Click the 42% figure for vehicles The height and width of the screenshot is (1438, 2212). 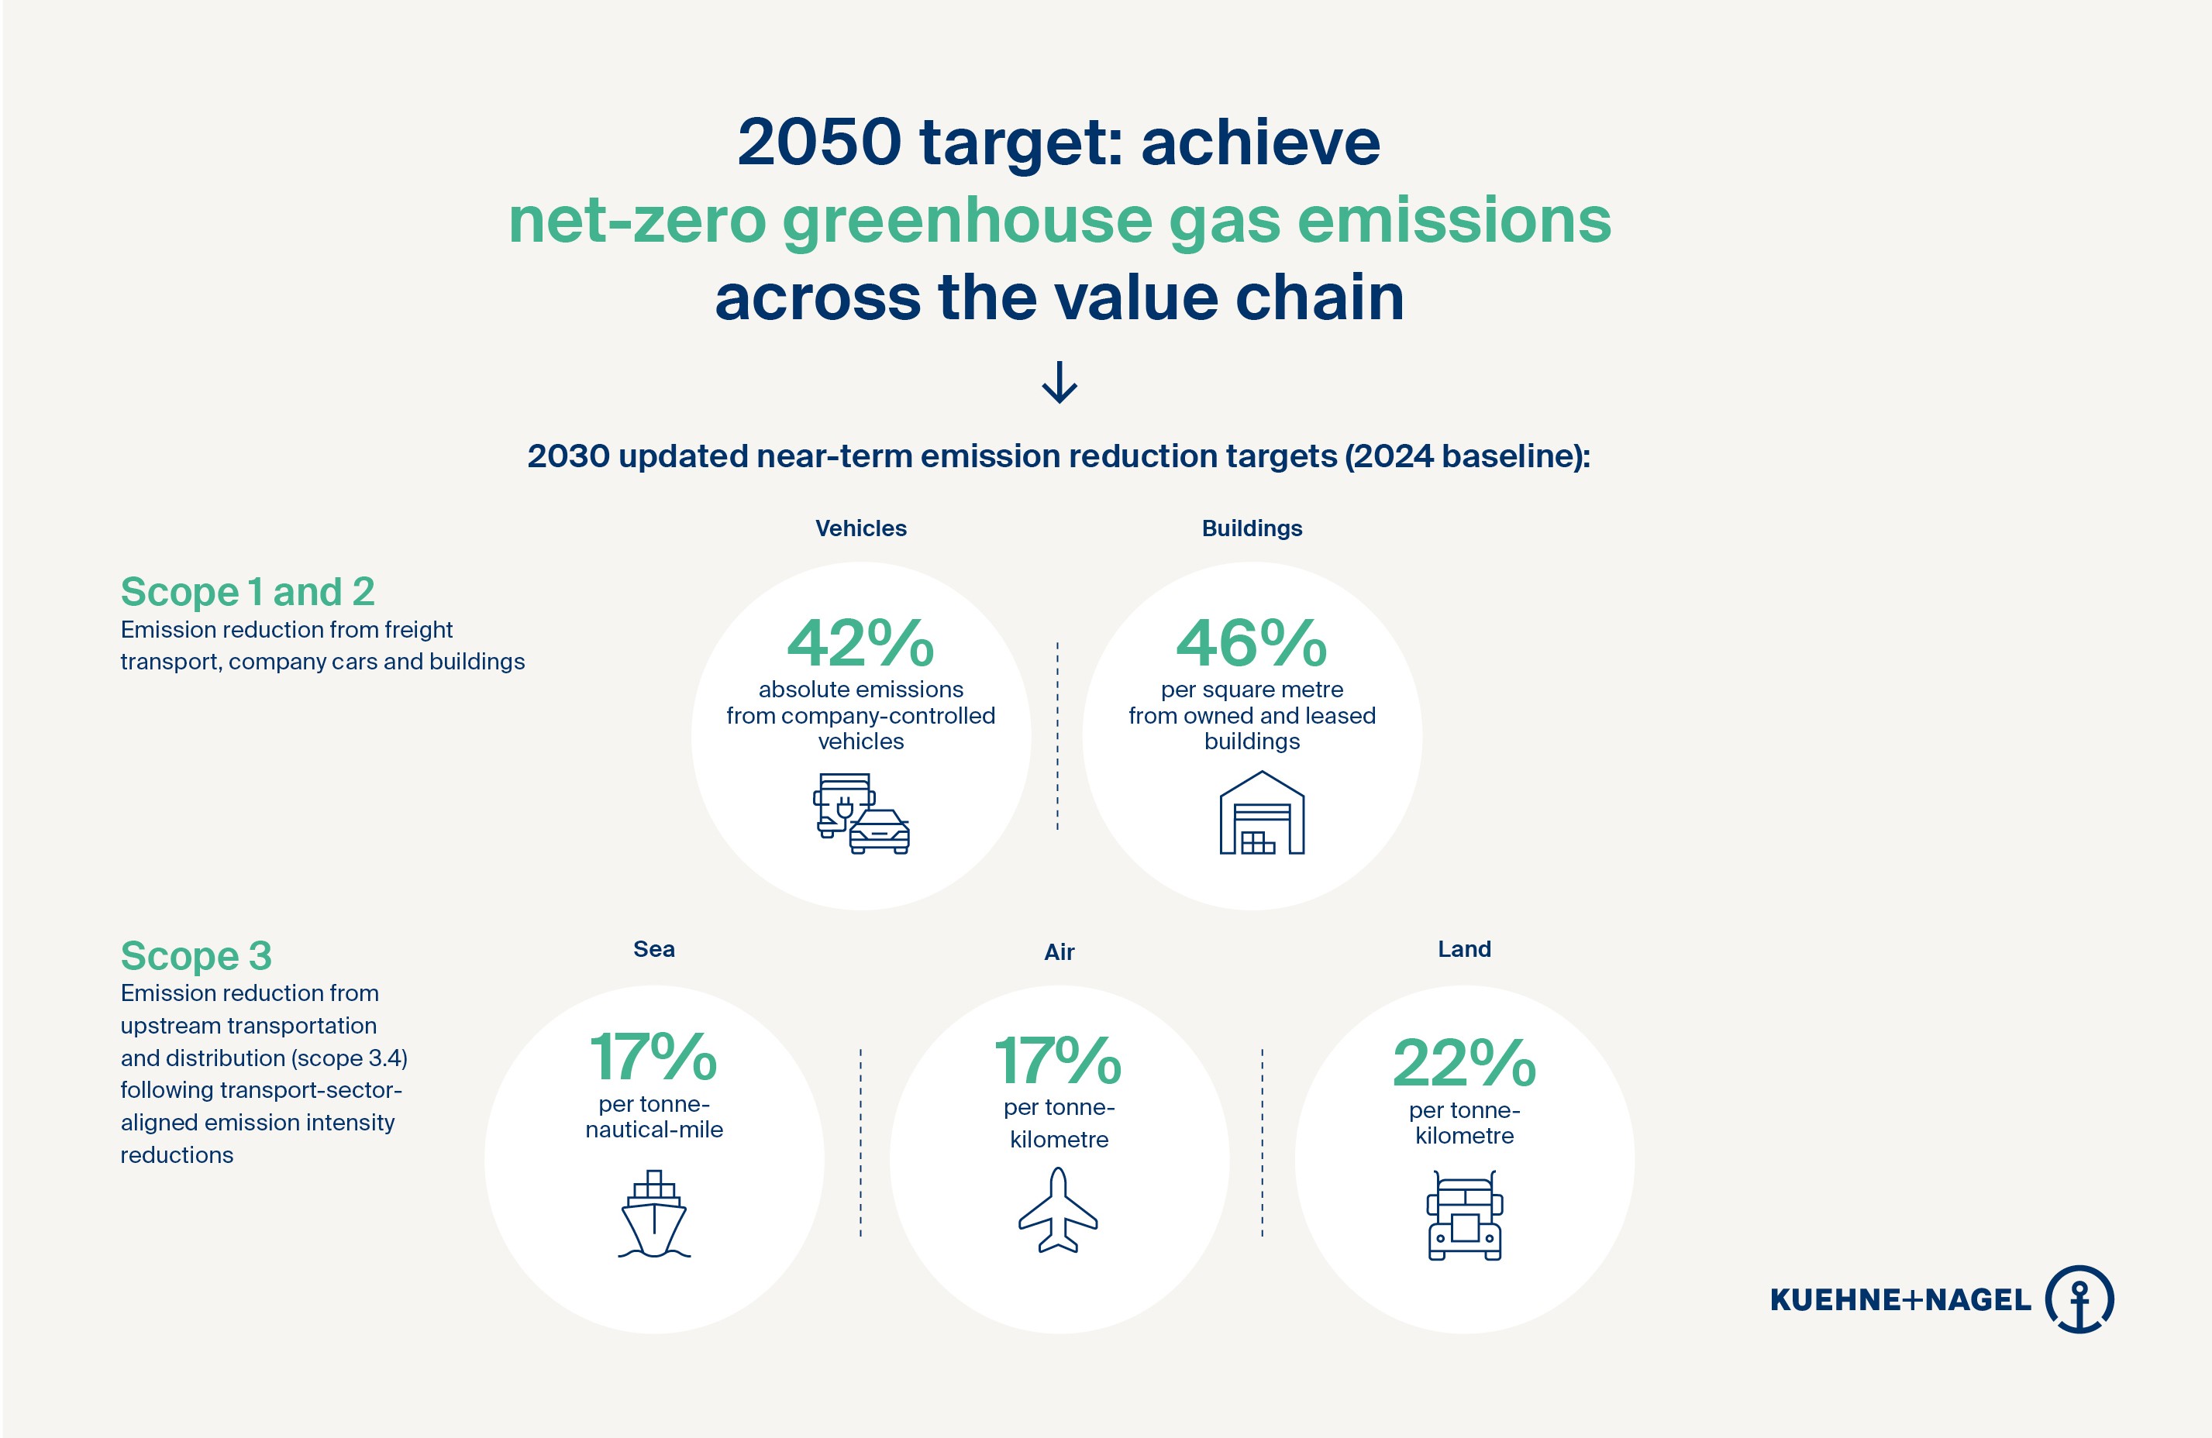(860, 643)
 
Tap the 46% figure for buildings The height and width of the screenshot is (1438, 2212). (1251, 643)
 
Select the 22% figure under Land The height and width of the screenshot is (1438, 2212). (1464, 1063)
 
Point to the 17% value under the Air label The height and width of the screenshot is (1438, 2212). (1059, 1061)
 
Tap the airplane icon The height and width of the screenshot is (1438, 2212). (1058, 1211)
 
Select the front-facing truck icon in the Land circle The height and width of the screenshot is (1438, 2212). (1464, 1216)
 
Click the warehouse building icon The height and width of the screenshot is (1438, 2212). (1261, 813)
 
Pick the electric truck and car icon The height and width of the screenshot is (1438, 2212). (860, 814)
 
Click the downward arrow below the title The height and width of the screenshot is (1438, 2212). (1059, 382)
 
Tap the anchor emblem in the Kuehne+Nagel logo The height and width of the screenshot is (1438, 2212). (2079, 1299)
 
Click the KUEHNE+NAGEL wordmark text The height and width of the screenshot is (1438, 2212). (1900, 1299)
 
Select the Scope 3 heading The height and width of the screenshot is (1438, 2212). (196, 956)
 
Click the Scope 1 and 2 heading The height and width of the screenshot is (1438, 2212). (247, 592)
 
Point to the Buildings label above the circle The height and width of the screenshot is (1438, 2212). (1251, 528)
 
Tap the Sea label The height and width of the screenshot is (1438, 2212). (653, 949)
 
